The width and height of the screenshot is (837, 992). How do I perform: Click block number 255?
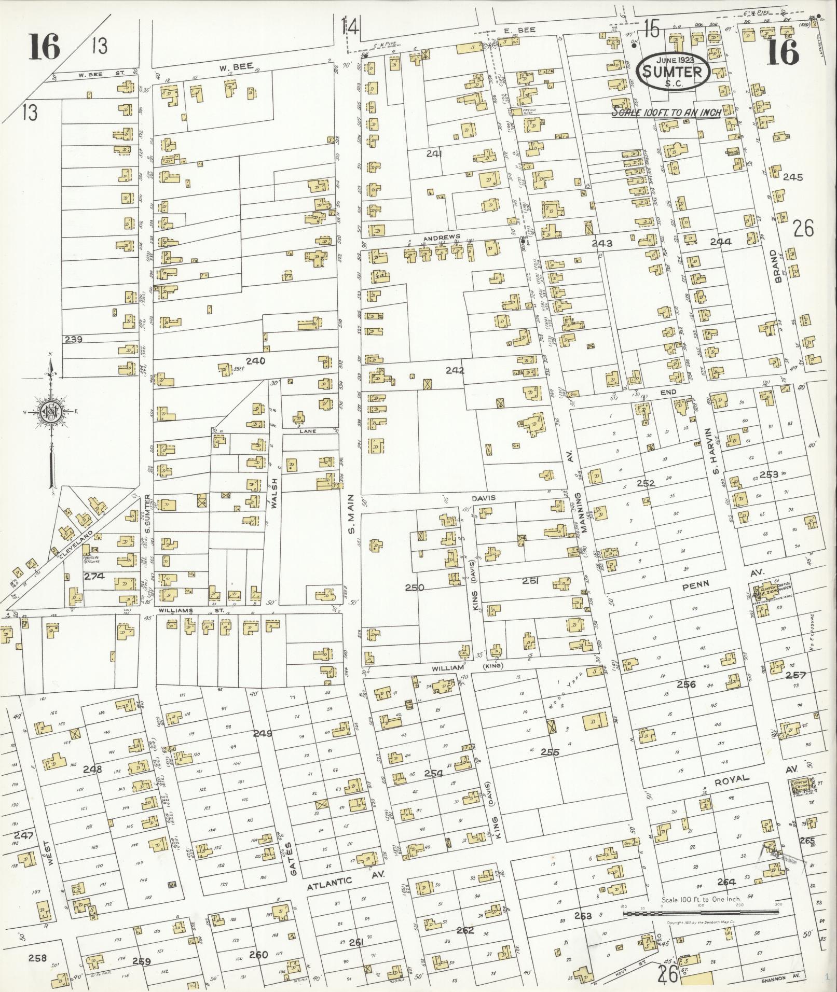point(550,752)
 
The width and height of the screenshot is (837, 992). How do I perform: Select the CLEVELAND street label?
point(76,545)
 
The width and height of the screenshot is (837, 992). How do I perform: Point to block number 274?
point(94,576)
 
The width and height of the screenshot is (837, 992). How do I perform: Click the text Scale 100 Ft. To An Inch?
point(665,113)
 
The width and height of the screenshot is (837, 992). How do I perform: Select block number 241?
point(433,153)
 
